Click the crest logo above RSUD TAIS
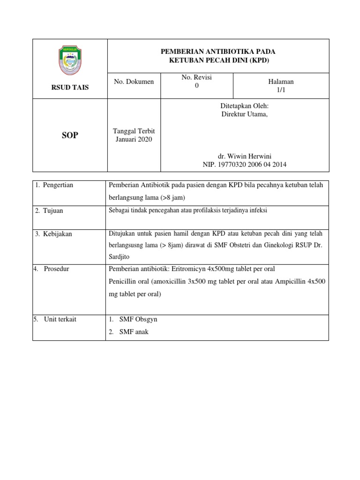(70, 60)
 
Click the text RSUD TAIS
(70, 88)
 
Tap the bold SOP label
(70, 135)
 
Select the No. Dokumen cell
(134, 82)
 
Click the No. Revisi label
(197, 77)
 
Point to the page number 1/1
(281, 90)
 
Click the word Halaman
(281, 82)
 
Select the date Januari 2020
(134, 139)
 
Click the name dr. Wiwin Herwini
(245, 156)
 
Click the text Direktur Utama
(245, 115)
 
